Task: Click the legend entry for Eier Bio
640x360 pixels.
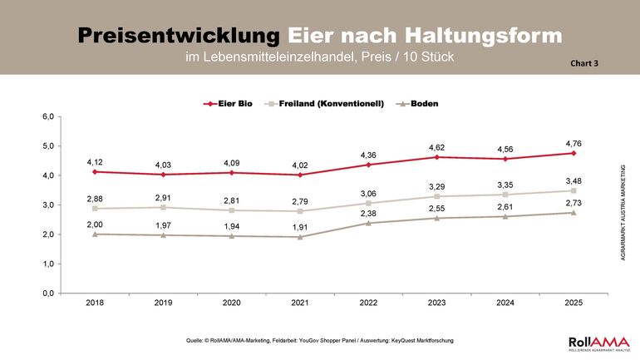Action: [x=230, y=104]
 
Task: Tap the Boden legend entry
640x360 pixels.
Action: [x=417, y=104]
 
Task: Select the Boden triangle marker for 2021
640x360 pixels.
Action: [x=299, y=237]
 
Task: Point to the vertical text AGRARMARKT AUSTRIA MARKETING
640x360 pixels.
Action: [x=623, y=213]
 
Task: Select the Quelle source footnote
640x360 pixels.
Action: [x=321, y=341]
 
